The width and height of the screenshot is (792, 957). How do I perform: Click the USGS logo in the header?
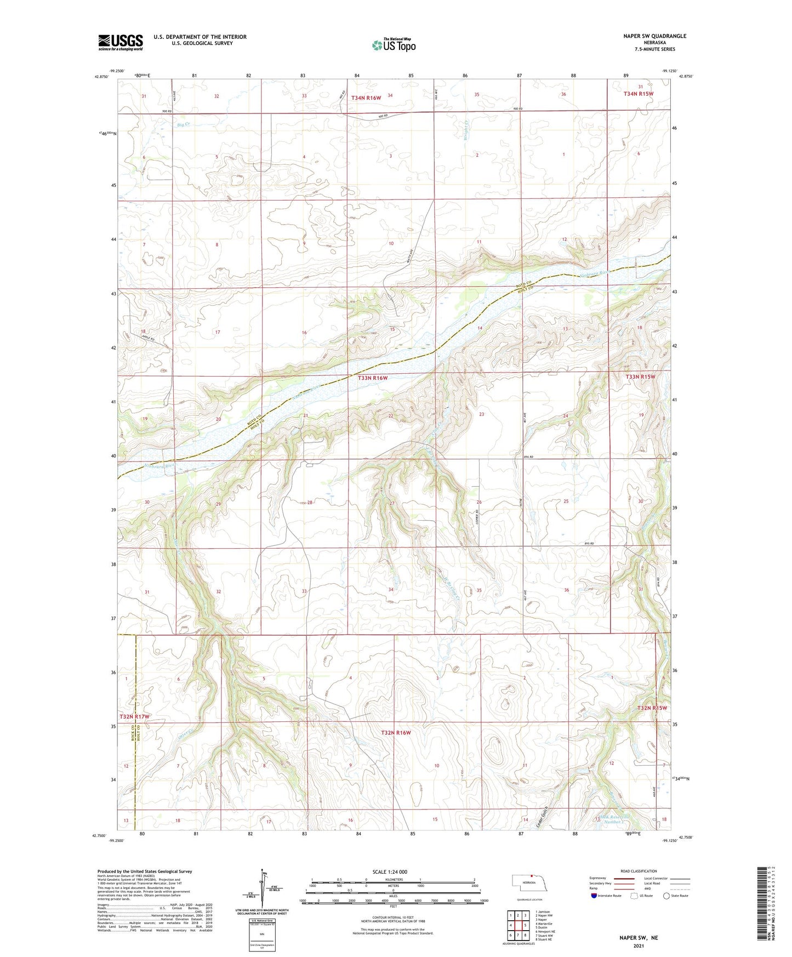[120, 42]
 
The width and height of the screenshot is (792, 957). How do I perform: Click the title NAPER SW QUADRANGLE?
[646, 36]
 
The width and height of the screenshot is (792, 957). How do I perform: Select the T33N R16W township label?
[373, 378]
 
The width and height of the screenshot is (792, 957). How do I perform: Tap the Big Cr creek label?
[184, 125]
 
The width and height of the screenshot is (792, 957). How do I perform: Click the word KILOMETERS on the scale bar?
[393, 880]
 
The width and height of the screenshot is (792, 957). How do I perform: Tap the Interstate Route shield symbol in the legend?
[595, 896]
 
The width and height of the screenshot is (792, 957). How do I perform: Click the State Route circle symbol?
[666, 896]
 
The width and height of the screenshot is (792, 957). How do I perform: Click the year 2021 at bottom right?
[639, 945]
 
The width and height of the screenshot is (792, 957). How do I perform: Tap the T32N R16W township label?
[396, 733]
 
